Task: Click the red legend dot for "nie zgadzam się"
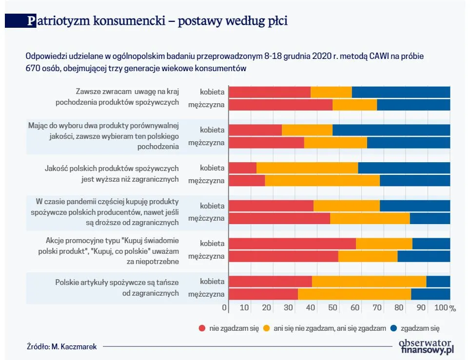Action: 202,328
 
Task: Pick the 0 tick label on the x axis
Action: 225,308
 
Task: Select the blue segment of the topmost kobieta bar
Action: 401,92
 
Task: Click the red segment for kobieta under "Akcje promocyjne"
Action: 293,244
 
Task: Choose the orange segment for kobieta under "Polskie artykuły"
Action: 369,282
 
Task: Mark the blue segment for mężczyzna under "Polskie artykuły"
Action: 431,294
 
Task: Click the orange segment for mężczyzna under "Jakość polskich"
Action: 322,180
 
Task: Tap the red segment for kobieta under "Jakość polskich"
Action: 243,168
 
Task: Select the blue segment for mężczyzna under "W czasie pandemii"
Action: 430,218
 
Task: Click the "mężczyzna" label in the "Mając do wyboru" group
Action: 206,143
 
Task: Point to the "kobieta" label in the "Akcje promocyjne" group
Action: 212,244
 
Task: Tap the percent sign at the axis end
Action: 452,308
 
